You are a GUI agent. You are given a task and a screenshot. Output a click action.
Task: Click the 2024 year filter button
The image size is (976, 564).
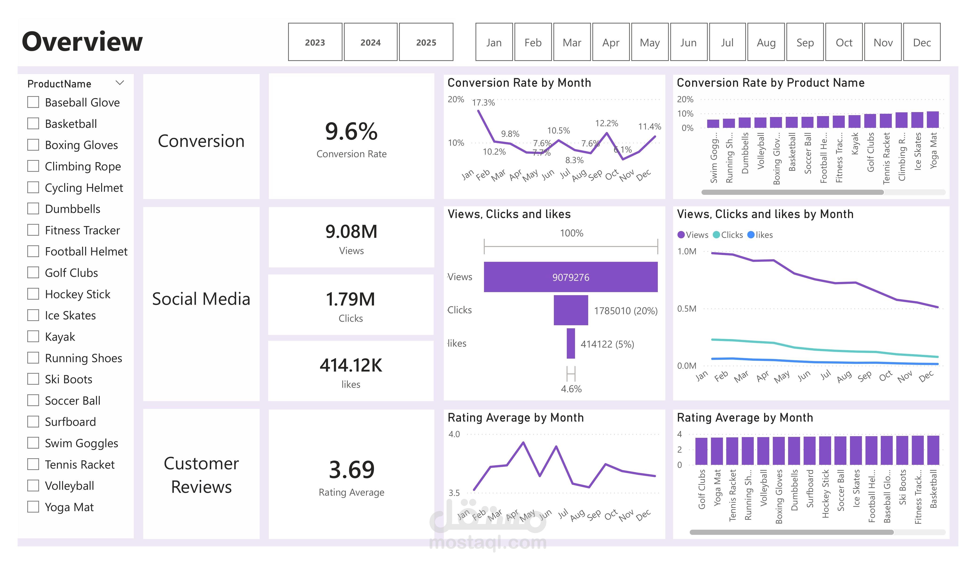(x=370, y=42)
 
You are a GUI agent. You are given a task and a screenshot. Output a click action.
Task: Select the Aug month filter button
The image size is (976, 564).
(x=766, y=42)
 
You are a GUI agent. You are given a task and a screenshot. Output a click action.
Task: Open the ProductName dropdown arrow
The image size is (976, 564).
(x=120, y=83)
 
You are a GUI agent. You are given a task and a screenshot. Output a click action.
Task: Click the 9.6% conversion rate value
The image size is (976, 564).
(x=351, y=131)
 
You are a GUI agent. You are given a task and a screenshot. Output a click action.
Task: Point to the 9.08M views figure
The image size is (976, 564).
(x=351, y=231)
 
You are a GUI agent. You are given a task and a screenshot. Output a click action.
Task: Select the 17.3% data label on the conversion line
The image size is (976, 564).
(x=483, y=103)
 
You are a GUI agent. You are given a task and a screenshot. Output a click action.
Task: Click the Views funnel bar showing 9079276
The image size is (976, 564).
(x=571, y=277)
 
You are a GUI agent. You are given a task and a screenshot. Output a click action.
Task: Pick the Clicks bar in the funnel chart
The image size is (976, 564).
(x=571, y=310)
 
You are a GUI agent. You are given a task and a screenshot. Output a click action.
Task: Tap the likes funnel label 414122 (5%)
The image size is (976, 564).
(x=607, y=344)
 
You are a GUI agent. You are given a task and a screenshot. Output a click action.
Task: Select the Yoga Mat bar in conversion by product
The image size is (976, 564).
(x=933, y=120)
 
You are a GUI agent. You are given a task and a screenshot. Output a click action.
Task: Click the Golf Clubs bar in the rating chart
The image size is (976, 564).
(x=701, y=451)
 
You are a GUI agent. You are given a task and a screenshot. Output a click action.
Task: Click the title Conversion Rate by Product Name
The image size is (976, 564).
(x=770, y=83)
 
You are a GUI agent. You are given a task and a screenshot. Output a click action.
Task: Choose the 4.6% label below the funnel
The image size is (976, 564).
(x=571, y=389)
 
